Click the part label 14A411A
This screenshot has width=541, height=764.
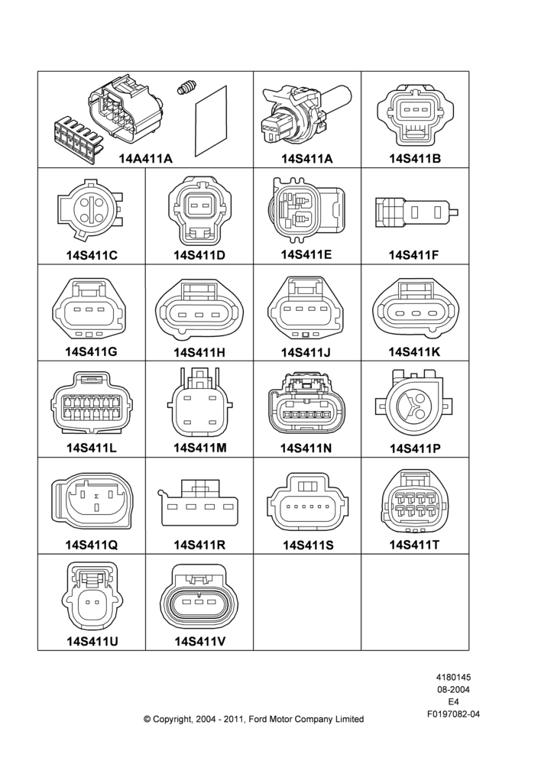click(146, 158)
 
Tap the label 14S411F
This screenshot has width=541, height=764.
click(414, 255)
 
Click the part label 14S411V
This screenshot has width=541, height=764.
click(200, 642)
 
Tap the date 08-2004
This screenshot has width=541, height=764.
click(453, 689)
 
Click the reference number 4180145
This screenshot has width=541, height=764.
click(453, 677)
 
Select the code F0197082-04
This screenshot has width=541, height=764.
click(453, 714)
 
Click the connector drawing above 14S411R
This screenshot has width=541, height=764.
click(199, 503)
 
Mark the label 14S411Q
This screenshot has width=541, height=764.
click(92, 545)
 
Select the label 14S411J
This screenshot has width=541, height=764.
click(306, 351)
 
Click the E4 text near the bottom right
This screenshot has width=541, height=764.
click(453, 702)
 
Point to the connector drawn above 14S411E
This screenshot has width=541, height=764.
click(306, 211)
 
